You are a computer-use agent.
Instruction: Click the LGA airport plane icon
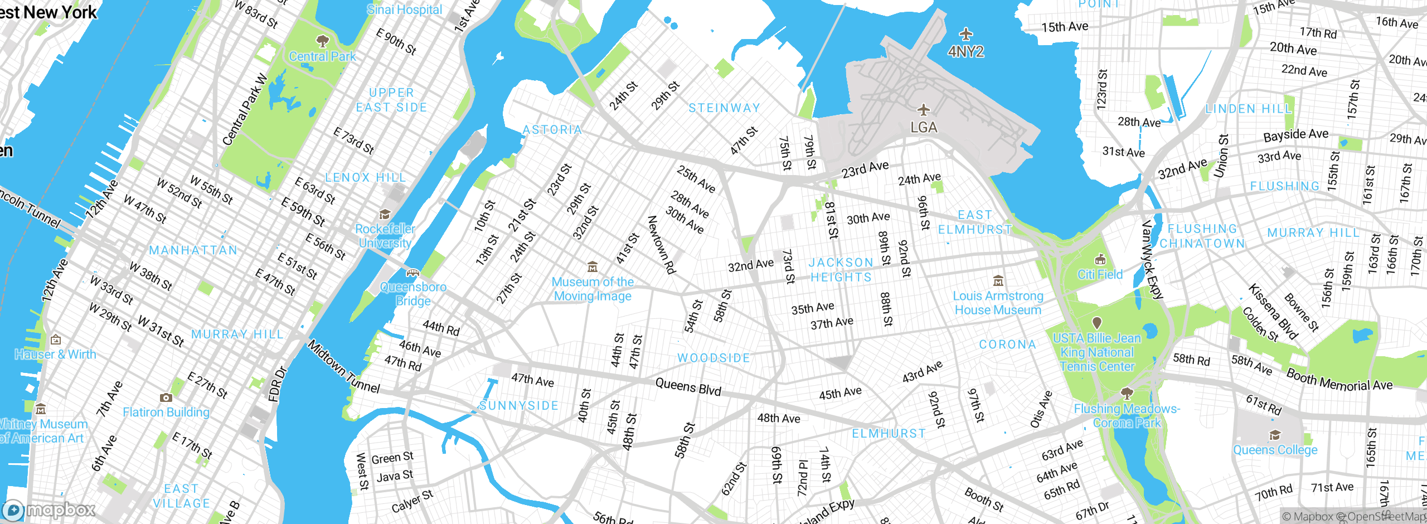(924, 109)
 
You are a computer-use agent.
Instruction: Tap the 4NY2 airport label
(965, 52)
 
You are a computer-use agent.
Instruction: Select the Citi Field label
(1100, 274)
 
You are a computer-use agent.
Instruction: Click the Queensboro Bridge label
(413, 294)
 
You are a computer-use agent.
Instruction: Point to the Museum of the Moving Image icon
(593, 267)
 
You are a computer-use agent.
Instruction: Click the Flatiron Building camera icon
(166, 397)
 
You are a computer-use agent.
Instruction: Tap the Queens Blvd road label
(688, 386)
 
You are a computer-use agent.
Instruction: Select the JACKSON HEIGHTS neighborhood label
(841, 270)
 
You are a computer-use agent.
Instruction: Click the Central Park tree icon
(322, 41)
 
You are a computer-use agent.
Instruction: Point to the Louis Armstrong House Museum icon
(998, 280)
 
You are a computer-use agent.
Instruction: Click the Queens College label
(1275, 450)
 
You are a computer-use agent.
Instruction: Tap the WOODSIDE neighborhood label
(713, 358)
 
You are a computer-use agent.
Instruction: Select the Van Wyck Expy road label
(1152, 260)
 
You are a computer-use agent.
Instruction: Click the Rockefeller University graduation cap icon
(385, 215)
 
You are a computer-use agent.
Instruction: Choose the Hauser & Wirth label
(55, 354)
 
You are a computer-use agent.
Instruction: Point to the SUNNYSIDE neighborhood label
(518, 405)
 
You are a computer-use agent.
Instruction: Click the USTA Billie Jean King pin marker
(1096, 323)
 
